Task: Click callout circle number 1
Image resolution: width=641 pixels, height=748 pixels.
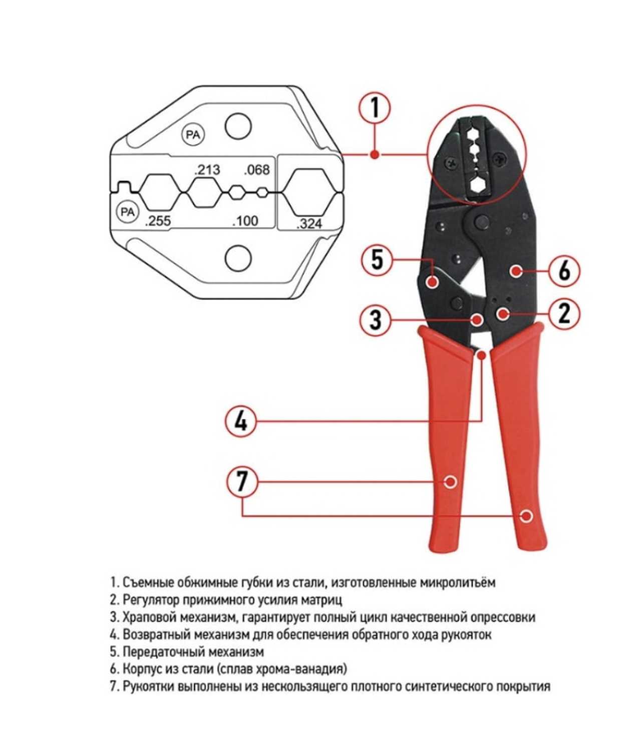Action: (x=375, y=109)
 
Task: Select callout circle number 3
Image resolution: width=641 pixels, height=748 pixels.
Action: (x=376, y=319)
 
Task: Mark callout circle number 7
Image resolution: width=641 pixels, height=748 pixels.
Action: (x=242, y=482)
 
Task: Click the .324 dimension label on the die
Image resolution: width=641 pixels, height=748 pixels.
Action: (x=309, y=224)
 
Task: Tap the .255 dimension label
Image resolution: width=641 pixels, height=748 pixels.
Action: (x=158, y=220)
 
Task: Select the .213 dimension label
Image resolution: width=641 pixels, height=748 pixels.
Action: (x=207, y=169)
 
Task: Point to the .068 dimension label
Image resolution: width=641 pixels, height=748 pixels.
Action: (x=257, y=169)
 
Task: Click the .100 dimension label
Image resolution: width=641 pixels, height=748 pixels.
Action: (x=245, y=220)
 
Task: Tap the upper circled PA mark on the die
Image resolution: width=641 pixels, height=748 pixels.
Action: (x=193, y=135)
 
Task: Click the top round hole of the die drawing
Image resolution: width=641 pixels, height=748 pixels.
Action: (x=238, y=126)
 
